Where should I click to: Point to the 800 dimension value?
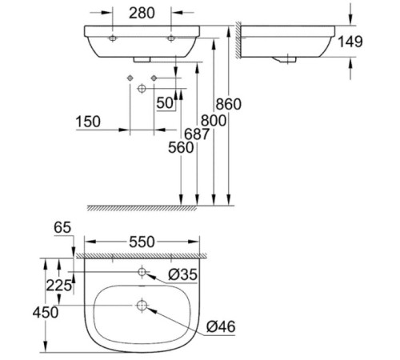click(213, 119)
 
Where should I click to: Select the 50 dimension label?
click(166, 102)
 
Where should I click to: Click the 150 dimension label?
click(88, 122)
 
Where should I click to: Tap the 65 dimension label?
click(62, 228)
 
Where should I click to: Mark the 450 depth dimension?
click(45, 311)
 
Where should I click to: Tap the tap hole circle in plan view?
click(142, 273)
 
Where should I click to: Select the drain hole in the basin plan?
click(142, 305)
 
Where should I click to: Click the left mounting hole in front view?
click(113, 38)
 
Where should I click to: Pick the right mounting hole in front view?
click(171, 38)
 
